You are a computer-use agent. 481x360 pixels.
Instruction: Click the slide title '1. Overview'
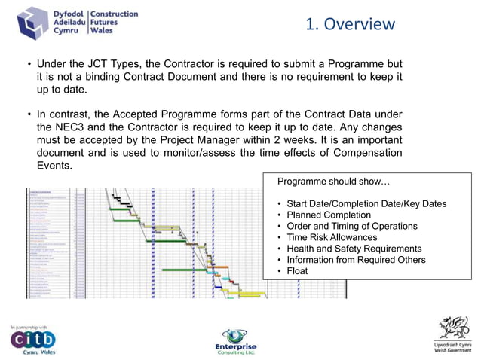350,24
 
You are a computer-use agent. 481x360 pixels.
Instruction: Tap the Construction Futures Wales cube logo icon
33,23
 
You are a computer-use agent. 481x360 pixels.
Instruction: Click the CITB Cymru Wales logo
33,340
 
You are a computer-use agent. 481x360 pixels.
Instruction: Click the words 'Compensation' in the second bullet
366,153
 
